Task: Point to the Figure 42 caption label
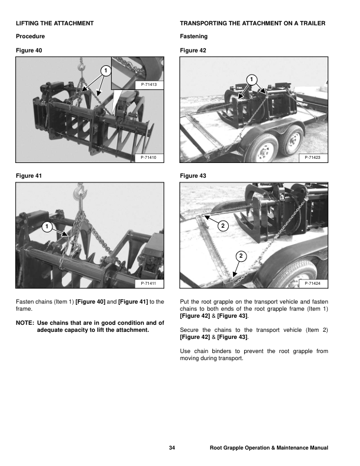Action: [x=193, y=51]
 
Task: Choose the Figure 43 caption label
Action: [x=193, y=175]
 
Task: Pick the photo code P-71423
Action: [x=314, y=158]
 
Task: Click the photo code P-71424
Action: [x=314, y=284]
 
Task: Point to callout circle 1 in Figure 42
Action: [x=251, y=79]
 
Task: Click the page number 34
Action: [x=172, y=448]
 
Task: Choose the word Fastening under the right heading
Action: [x=194, y=36]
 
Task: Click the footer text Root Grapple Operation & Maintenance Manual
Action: [x=268, y=448]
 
